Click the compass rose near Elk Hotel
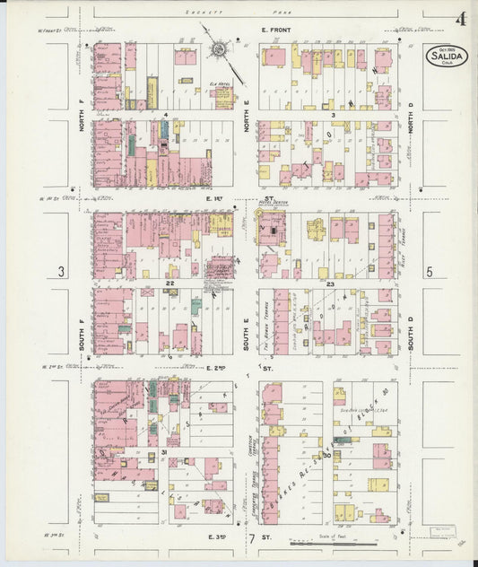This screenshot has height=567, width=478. pos(218,51)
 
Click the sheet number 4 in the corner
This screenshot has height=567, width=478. pos(460,19)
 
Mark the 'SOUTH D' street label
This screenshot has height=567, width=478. pos(411,320)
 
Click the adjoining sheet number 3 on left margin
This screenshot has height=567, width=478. pos(61,272)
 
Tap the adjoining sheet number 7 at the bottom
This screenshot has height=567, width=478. pos(252,538)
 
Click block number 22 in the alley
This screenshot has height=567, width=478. pos(168,283)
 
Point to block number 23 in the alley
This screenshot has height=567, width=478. pos(329,283)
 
